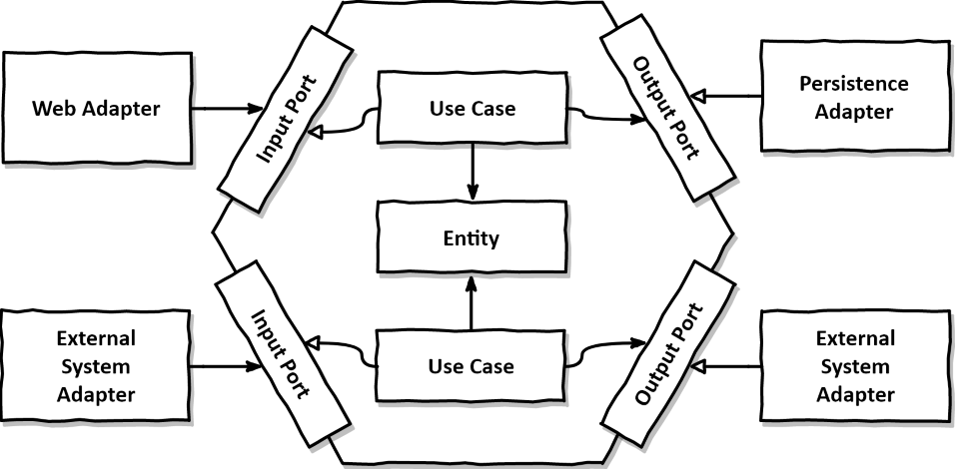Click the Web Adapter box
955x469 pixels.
tap(97, 106)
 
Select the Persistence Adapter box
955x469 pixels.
tap(853, 97)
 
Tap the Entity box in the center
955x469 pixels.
tap(472, 239)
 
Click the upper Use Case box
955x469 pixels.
tap(472, 107)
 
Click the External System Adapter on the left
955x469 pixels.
tap(97, 366)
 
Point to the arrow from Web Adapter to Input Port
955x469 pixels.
tap(225, 106)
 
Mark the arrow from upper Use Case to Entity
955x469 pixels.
tap(471, 170)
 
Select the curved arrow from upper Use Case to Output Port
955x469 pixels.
tap(605, 117)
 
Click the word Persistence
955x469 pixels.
tap(853, 84)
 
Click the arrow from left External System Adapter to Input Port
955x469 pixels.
tap(225, 366)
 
